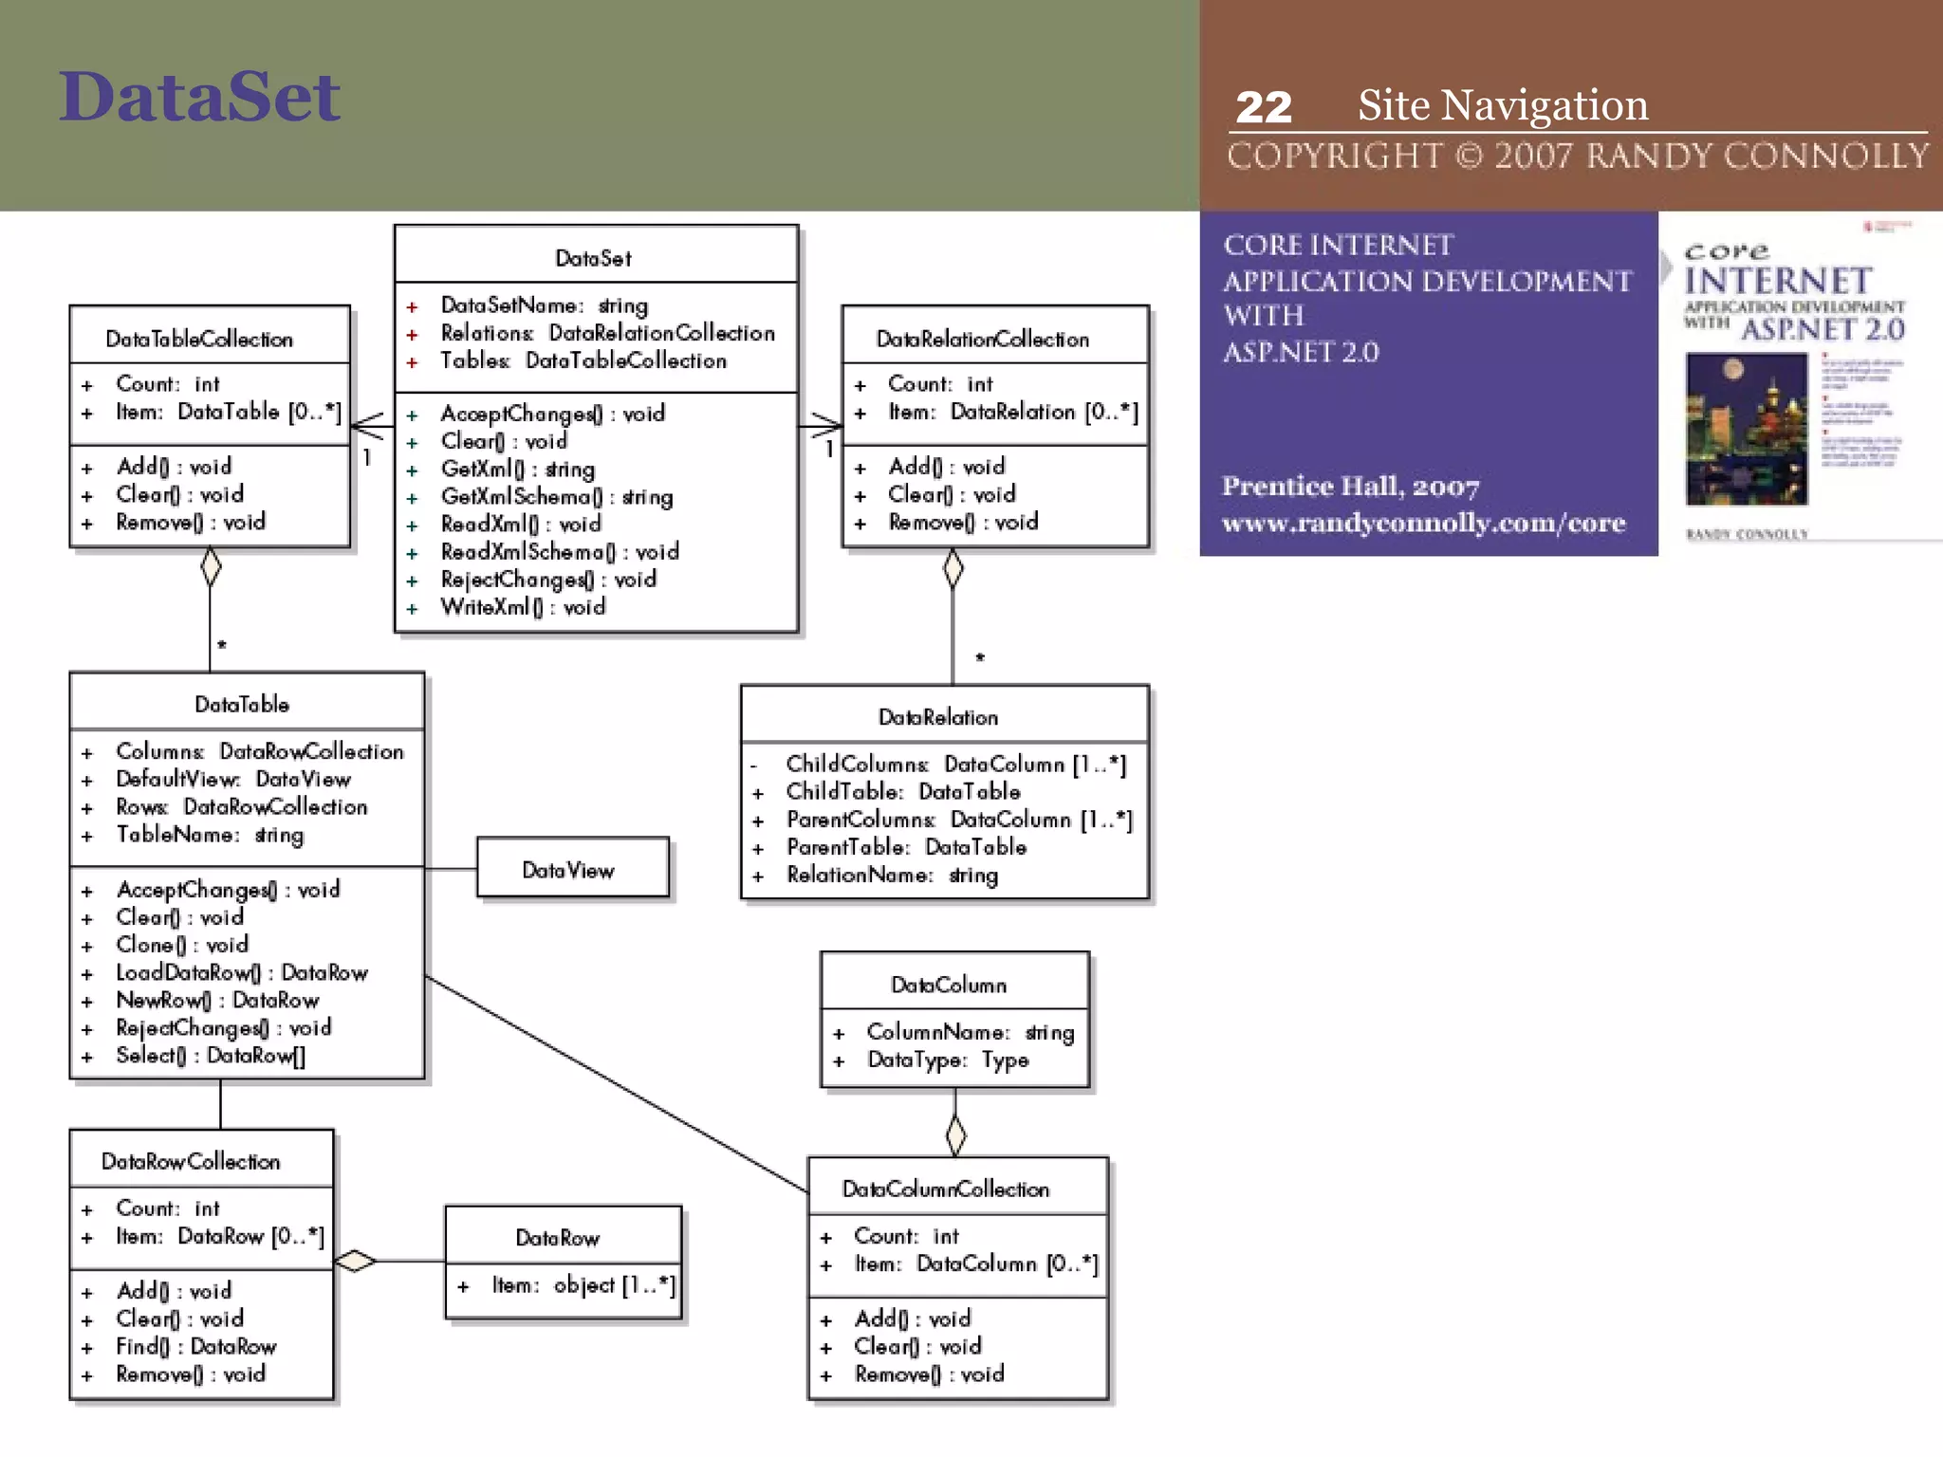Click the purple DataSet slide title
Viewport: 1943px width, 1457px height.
199,98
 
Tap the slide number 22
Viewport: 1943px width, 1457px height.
1263,107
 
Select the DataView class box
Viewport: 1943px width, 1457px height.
572,868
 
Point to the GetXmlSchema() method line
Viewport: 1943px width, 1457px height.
556,496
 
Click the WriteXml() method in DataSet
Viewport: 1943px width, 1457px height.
522,607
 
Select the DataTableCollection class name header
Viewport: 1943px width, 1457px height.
199,339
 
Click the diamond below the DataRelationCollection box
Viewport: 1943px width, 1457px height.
953,569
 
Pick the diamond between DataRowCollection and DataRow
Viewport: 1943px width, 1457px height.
356,1261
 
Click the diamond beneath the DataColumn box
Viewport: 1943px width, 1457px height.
955,1134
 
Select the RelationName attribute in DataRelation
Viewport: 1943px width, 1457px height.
891,875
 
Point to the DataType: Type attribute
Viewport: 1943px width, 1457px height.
947,1060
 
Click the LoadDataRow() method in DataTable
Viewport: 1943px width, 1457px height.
241,972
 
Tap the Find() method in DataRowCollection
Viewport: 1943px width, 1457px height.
195,1346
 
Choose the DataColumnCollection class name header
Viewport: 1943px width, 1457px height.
945,1189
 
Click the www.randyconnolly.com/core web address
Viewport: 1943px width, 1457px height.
1423,523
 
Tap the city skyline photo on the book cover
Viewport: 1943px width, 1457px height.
1746,429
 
